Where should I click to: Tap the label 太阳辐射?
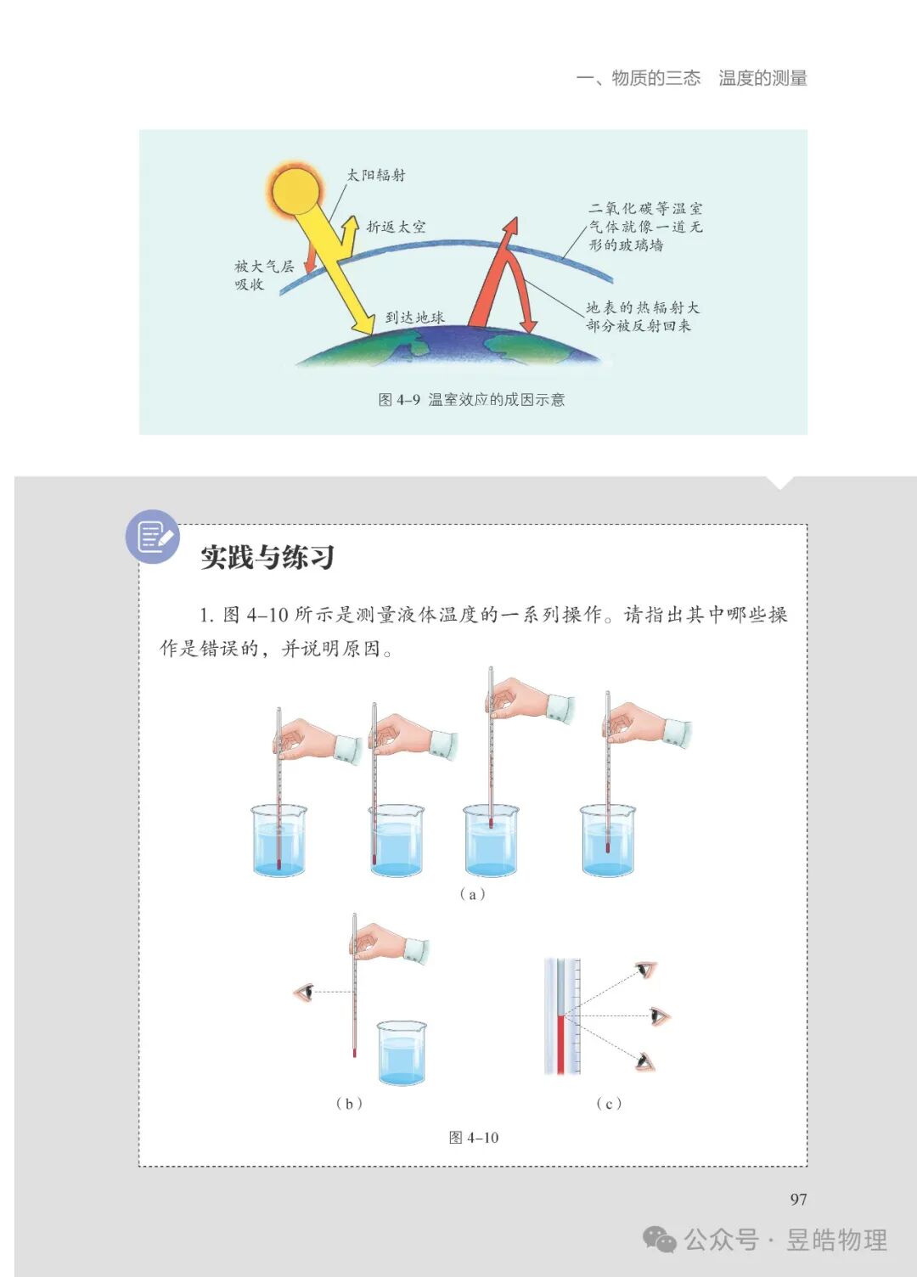pos(376,175)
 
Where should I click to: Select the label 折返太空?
pos(396,227)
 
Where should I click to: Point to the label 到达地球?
pos(414,318)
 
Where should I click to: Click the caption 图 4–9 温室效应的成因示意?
pos(471,400)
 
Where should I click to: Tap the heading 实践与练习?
pos(267,558)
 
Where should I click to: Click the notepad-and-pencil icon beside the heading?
pos(154,537)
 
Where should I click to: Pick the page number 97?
pos(798,1199)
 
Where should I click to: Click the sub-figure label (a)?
pos(472,893)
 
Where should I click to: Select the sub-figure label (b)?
pos(349,1103)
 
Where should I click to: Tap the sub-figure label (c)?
pos(609,1103)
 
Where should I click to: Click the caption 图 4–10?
pos(474,1138)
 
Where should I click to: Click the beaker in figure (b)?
pos(402,1053)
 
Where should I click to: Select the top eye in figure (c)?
pos(647,970)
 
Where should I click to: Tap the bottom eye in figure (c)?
pos(645,1060)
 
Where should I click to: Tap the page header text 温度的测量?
pos(762,78)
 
